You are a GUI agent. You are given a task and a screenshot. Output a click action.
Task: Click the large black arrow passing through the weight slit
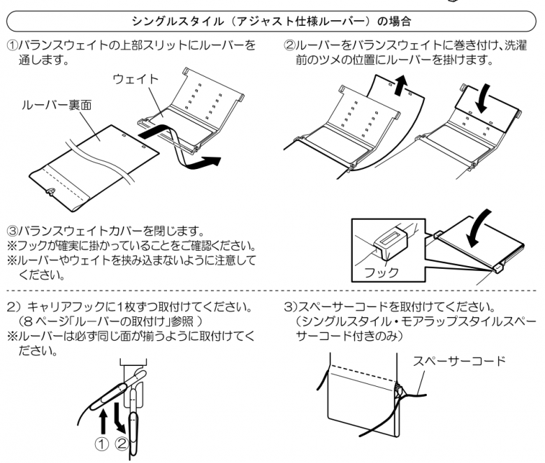(178, 140)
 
